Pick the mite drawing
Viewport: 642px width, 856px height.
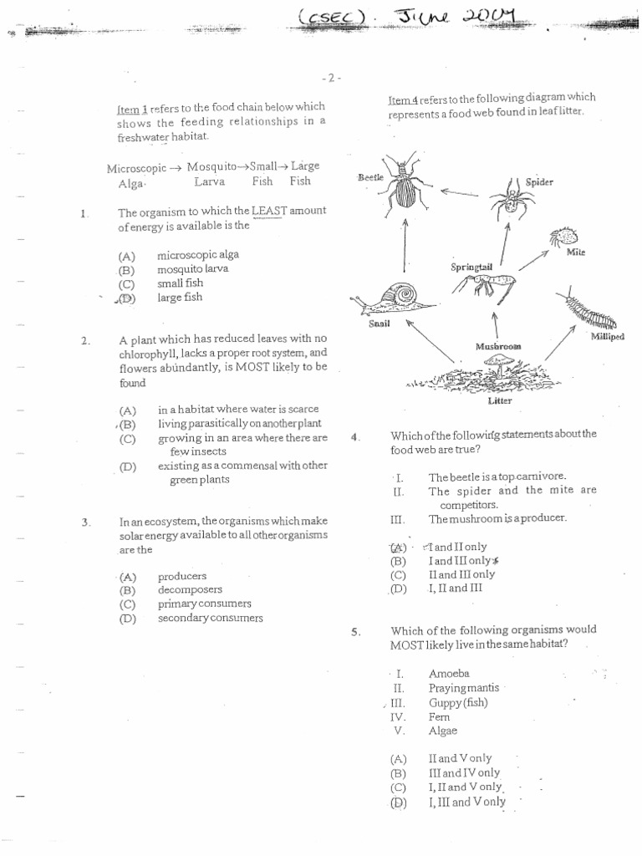click(x=564, y=236)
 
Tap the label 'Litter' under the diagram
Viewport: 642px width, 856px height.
click(x=499, y=400)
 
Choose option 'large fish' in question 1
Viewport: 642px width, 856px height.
click(x=180, y=298)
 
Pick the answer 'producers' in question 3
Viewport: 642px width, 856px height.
click(x=181, y=577)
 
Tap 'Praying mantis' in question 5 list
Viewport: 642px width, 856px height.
click(x=463, y=687)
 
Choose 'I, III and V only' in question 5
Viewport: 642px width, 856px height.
click(x=466, y=802)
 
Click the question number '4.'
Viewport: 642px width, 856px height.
click(x=354, y=436)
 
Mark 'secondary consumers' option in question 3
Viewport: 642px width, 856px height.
click(x=210, y=618)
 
